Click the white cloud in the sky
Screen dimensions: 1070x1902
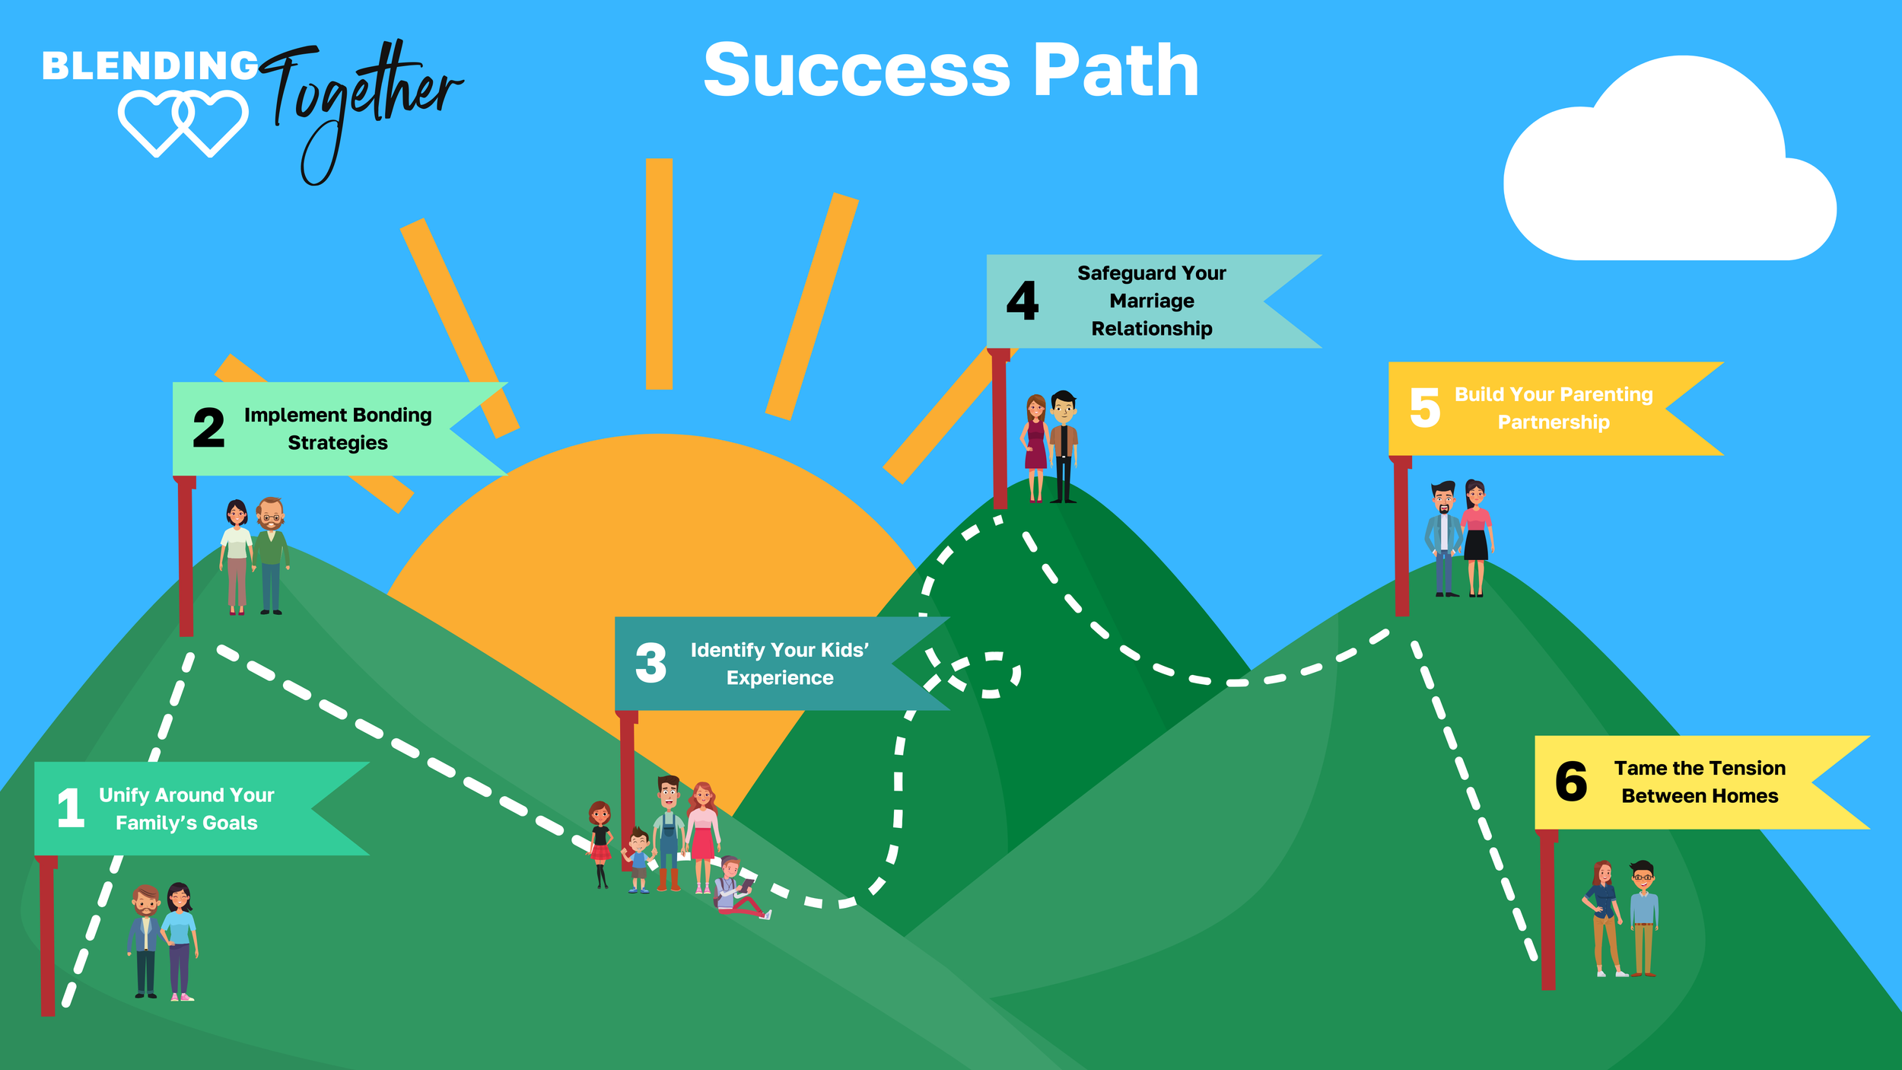point(1666,175)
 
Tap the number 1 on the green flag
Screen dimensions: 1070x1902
point(70,808)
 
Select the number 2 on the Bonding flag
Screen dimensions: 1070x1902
point(208,428)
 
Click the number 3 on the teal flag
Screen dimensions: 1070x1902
point(650,663)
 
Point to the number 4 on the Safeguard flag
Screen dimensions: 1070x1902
point(1022,301)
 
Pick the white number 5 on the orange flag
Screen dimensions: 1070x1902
point(1424,408)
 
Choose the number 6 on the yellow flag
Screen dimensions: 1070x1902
point(1570,782)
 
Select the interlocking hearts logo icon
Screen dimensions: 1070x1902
point(183,122)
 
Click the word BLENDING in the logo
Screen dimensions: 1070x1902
point(150,66)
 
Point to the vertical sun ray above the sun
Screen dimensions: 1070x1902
point(659,274)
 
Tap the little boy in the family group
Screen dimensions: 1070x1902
point(638,860)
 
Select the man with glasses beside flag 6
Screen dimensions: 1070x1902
point(1643,917)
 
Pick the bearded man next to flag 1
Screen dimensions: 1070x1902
point(145,940)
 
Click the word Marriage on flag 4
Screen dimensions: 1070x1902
point(1151,301)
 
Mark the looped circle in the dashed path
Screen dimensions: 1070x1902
point(993,674)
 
